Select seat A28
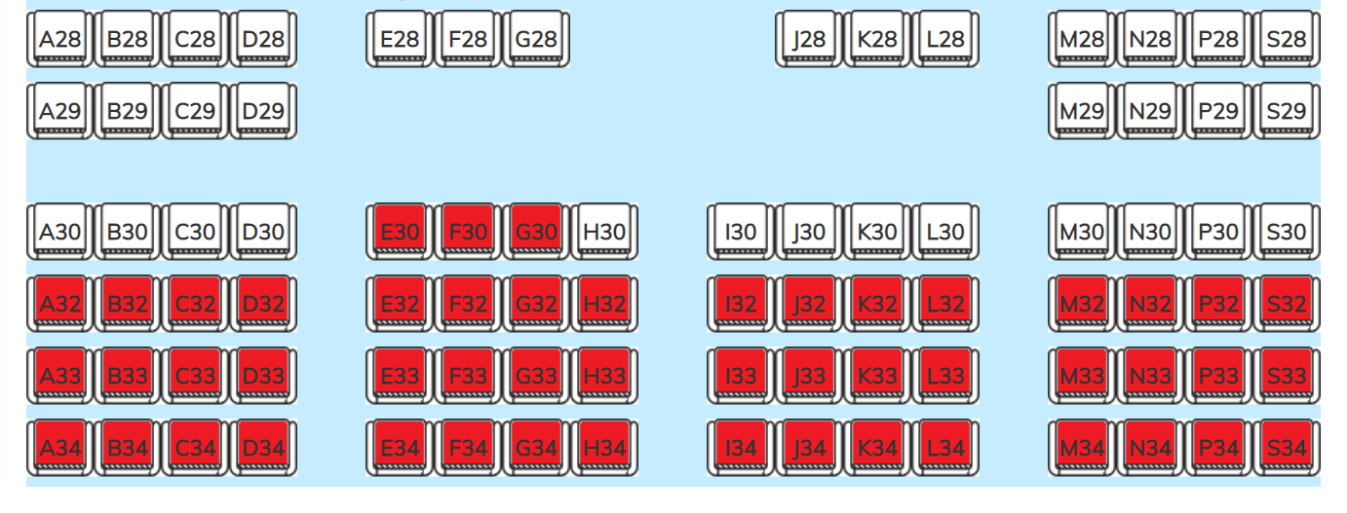[x=59, y=39]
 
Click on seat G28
[x=536, y=39]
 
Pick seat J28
[x=809, y=39]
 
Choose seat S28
[x=1287, y=39]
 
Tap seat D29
[x=263, y=111]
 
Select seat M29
[x=1082, y=111]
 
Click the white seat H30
[x=604, y=232]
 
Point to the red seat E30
[x=400, y=232]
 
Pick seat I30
[x=741, y=232]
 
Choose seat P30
[x=1218, y=232]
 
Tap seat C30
[x=195, y=232]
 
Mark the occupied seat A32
[x=59, y=304]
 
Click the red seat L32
[x=945, y=304]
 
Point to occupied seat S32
[x=1287, y=304]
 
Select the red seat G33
[x=536, y=376]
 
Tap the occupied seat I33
[x=741, y=376]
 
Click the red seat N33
[x=1150, y=376]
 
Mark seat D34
[x=263, y=448]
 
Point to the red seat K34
[x=877, y=448]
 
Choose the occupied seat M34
[x=1082, y=448]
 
